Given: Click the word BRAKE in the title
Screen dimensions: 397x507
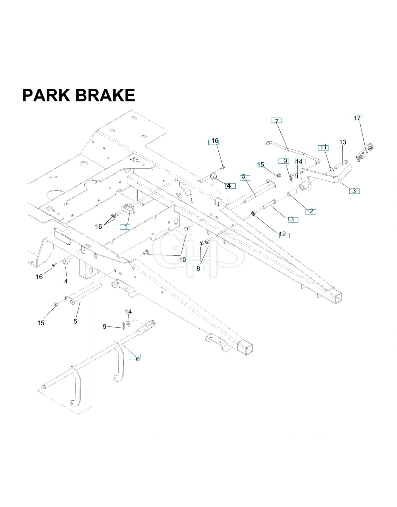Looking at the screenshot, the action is tap(105, 95).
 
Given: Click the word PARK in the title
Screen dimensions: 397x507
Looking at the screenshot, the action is tap(46, 95).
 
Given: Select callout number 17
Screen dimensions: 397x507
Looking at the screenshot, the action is tap(357, 118).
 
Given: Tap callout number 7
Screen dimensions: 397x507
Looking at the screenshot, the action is tap(276, 121).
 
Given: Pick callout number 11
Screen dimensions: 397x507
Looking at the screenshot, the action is tap(323, 147).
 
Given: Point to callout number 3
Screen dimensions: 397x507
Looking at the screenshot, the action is tap(354, 191).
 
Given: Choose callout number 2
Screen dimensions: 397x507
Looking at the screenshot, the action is tap(311, 211).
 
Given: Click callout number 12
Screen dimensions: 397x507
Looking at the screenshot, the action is tap(282, 234).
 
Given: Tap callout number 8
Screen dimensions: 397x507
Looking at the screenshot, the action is tap(198, 268).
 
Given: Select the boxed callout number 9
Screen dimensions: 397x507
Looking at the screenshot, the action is tap(285, 161).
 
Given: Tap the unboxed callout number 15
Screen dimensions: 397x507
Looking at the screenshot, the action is tap(41, 323).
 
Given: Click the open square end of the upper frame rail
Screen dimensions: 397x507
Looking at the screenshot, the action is tap(336, 297).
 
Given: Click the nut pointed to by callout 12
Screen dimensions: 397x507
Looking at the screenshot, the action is tap(253, 213).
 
